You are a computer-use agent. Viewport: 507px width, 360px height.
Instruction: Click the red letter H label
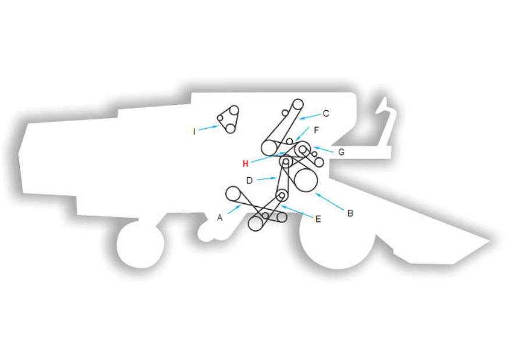(x=246, y=164)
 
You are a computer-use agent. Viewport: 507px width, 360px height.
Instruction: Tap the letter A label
(x=220, y=218)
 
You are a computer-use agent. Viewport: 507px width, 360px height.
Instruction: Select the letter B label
(x=350, y=213)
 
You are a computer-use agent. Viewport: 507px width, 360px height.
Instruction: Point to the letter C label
(x=326, y=114)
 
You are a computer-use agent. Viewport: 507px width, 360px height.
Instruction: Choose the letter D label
(x=249, y=181)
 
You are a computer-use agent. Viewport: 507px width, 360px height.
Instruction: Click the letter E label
(x=318, y=219)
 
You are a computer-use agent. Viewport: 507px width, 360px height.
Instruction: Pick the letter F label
(x=316, y=130)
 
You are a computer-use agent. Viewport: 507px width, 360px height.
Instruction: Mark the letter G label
(x=341, y=152)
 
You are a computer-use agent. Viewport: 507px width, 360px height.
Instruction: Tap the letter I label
(x=194, y=132)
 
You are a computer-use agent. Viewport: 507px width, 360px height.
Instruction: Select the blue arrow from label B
(x=329, y=202)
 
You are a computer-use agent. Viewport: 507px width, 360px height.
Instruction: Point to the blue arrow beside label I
(x=208, y=128)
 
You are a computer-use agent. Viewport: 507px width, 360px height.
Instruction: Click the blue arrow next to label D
(x=267, y=179)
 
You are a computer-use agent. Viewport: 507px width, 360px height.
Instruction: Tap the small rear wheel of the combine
(x=141, y=244)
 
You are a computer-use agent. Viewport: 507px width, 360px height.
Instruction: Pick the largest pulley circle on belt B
(x=306, y=180)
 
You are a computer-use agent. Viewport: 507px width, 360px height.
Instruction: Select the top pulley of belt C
(x=297, y=105)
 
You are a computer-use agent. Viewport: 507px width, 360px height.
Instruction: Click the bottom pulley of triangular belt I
(x=231, y=128)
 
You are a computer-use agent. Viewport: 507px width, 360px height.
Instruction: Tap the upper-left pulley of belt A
(x=232, y=194)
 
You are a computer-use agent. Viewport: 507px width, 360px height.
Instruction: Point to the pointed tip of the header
(x=490, y=241)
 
